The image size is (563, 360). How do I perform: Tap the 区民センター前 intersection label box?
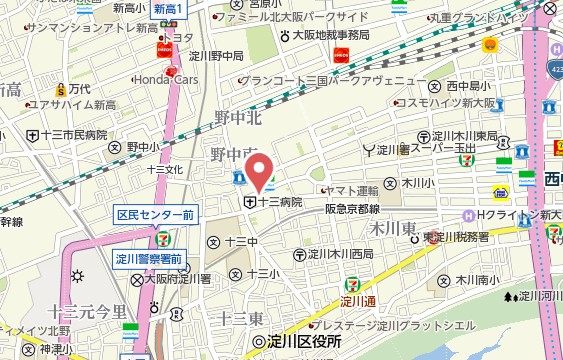pos(155,215)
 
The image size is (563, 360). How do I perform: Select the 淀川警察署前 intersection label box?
pos(148,259)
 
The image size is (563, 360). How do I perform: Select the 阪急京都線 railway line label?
pos(352,209)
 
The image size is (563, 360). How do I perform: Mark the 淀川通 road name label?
pos(357,301)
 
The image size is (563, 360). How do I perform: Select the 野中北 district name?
pos(238,117)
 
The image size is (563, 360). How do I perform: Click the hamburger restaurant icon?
pos(490,45)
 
